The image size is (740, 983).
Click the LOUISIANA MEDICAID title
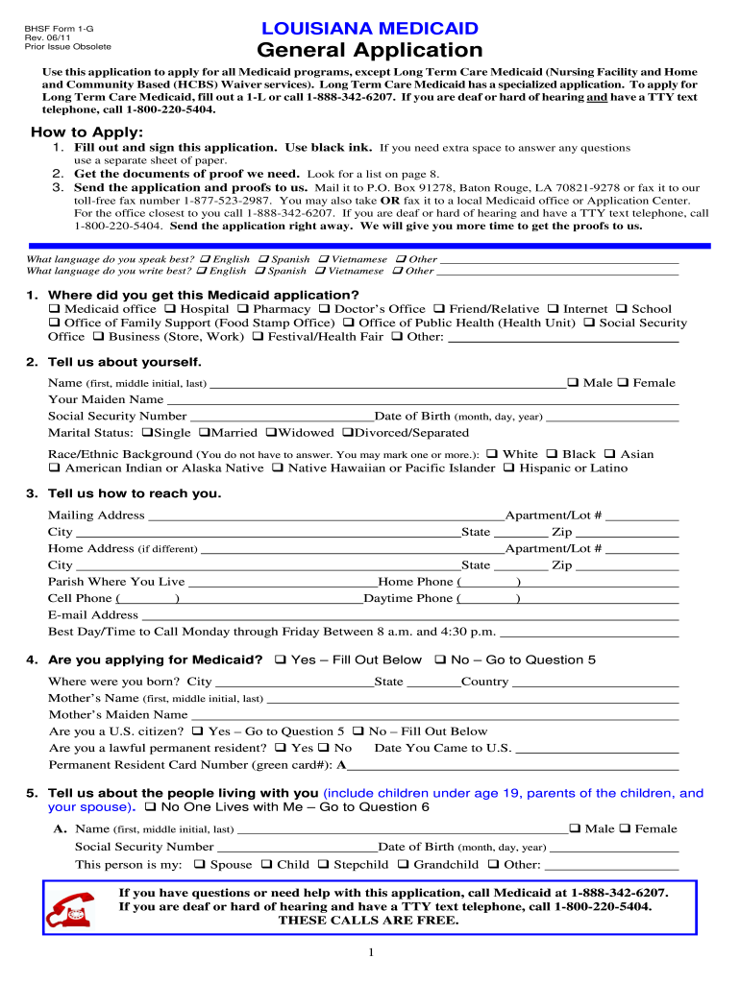pos(369,29)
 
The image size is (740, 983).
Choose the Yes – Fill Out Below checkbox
pos(280,660)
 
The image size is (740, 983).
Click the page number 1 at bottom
pos(370,952)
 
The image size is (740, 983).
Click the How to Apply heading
pos(86,132)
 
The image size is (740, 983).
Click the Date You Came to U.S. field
pos(597,750)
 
